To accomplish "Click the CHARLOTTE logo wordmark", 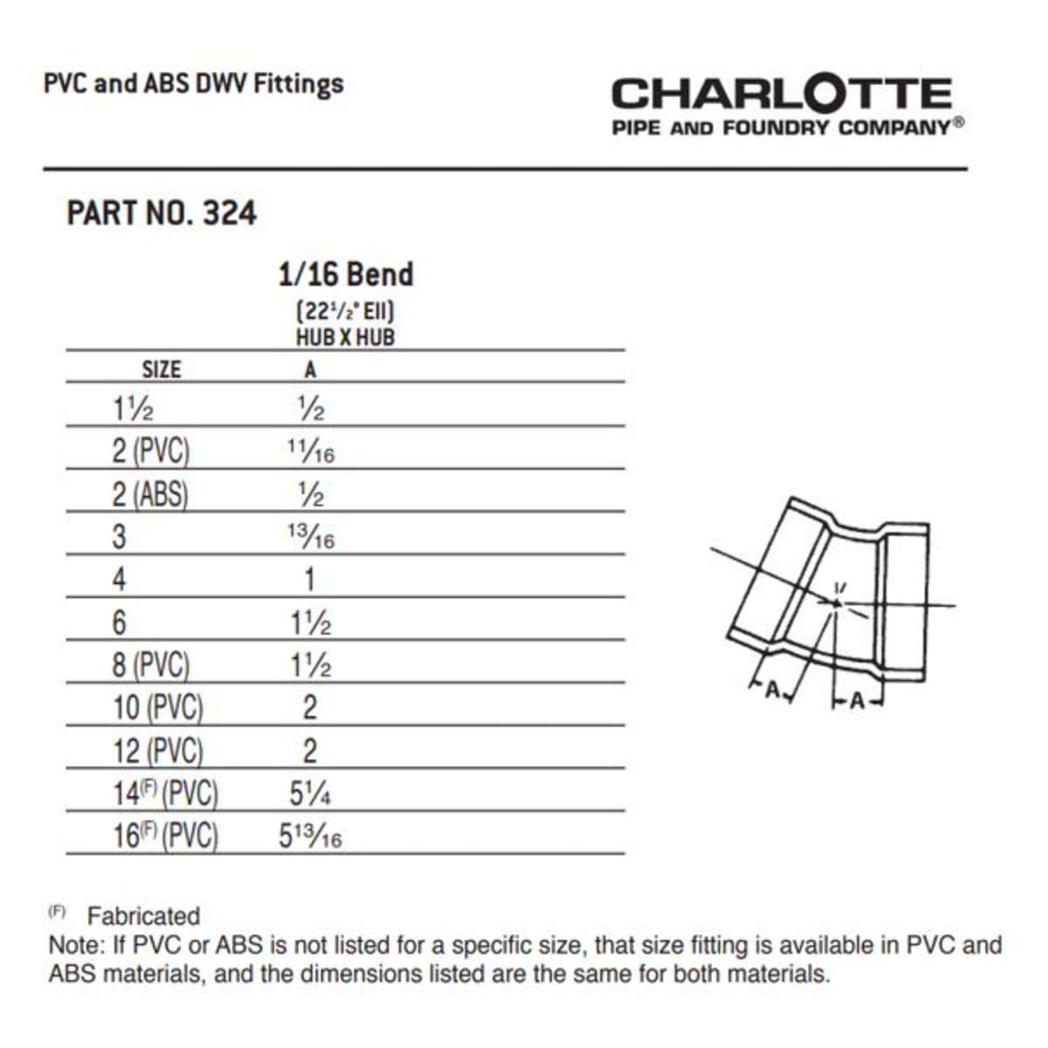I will tap(781, 93).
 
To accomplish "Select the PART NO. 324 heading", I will tap(162, 213).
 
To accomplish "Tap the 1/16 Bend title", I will tap(345, 274).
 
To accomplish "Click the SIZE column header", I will tap(162, 369).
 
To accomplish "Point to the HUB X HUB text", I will tap(345, 337).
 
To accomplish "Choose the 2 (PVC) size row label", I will tap(150, 451).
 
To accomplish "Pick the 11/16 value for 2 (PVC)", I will tap(310, 451).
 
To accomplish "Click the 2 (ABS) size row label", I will tap(149, 494).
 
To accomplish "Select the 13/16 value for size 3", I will tap(310, 536).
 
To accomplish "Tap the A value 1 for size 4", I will tap(309, 579).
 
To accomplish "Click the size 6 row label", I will tap(119, 622).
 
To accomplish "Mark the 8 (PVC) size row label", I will tap(150, 665).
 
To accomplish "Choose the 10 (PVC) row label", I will tap(157, 707).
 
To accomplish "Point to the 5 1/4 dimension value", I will tap(310, 793).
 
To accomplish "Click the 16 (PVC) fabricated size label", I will tap(165, 836).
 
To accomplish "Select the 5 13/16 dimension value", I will tap(310, 837).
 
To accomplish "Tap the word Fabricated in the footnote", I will tap(143, 916).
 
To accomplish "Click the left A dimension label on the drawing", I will tap(772, 689).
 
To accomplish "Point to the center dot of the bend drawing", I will tap(836, 603).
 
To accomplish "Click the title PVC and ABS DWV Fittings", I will tap(193, 84).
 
